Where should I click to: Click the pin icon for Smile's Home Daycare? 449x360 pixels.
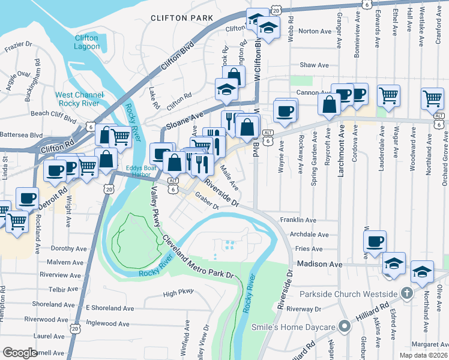[x=343, y=327]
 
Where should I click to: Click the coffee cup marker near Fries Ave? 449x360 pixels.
[x=375, y=241]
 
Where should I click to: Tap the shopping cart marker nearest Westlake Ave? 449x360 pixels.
[x=432, y=98]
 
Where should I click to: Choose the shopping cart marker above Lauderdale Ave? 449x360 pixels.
[x=388, y=95]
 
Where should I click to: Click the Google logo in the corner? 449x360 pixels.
[x=20, y=353]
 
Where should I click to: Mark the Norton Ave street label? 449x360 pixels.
[x=315, y=31]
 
